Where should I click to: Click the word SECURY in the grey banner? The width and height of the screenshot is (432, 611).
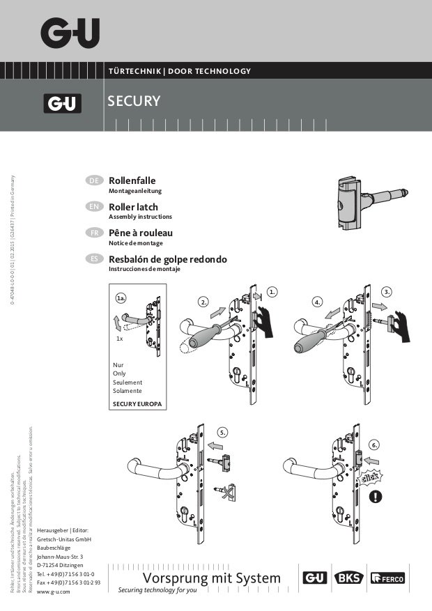(134, 102)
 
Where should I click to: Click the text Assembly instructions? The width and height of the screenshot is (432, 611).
(140, 217)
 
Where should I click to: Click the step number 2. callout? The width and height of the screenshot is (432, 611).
(203, 302)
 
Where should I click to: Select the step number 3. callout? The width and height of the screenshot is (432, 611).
(387, 291)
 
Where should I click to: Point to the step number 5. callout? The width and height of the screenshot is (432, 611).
(222, 432)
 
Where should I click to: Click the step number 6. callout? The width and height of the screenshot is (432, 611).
(374, 444)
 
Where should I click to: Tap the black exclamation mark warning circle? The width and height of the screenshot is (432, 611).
(377, 497)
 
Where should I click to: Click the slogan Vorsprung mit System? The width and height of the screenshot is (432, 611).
(212, 578)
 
